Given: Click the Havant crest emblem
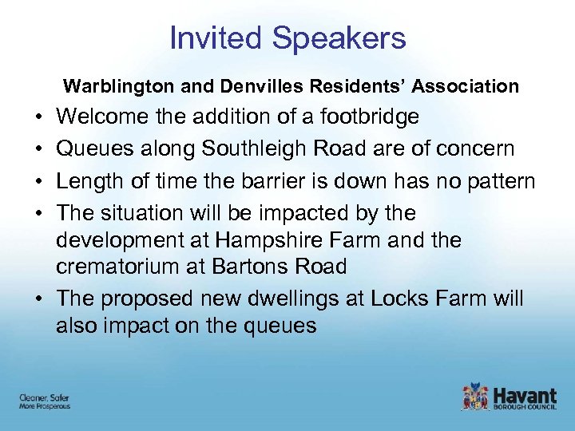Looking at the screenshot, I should point(474,396).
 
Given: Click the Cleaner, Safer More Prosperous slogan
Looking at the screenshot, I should point(45,401).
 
